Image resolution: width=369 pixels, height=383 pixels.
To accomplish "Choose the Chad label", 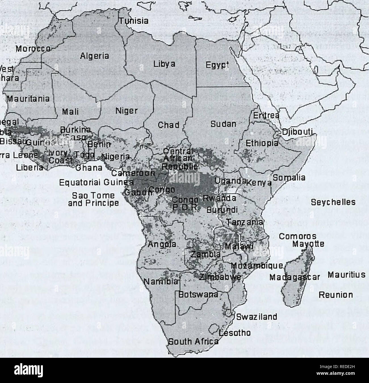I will pos(169,125).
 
